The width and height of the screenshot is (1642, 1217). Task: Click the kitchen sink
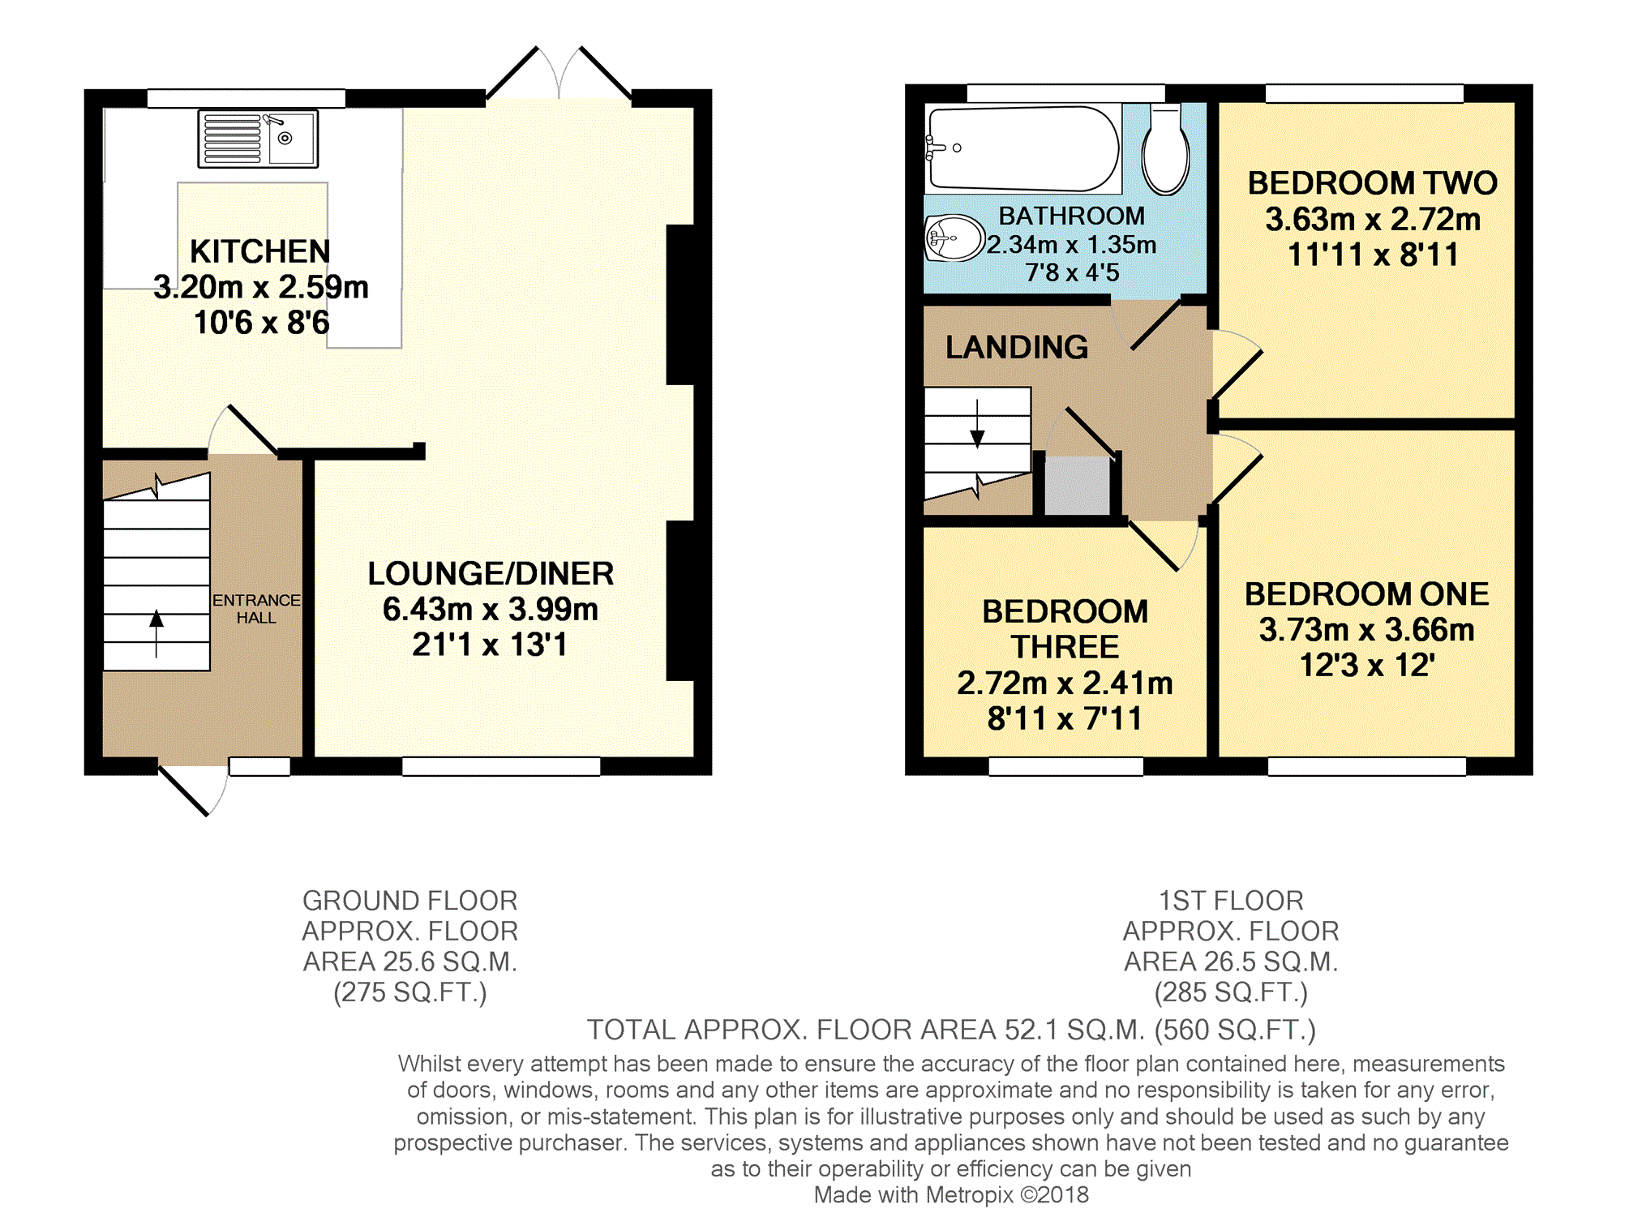[x=258, y=139]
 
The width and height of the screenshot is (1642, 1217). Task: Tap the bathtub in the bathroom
[x=1023, y=148]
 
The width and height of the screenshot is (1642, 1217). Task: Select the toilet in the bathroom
[x=1165, y=150]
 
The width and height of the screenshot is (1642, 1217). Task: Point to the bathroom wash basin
[x=954, y=238]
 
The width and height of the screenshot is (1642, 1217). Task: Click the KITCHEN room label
[x=260, y=251]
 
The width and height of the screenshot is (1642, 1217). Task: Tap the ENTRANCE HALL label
[x=256, y=608]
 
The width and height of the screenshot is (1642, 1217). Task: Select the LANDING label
[x=1017, y=347]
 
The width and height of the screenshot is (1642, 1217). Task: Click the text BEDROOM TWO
[x=1372, y=183]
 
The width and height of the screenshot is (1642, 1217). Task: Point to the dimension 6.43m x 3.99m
[x=491, y=609]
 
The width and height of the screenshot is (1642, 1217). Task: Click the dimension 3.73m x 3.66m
[x=1366, y=630]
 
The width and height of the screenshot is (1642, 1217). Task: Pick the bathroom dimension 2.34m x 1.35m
[x=1071, y=244]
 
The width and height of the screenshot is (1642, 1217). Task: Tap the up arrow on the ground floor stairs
[x=156, y=633]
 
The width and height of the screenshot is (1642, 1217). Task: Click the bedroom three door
[x=1163, y=545]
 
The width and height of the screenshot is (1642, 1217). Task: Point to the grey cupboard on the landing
[x=1077, y=485]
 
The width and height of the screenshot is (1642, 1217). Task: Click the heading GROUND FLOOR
[x=409, y=901]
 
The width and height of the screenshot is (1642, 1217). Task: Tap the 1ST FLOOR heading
[x=1231, y=901]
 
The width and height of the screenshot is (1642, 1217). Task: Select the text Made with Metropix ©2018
[x=951, y=1195]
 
